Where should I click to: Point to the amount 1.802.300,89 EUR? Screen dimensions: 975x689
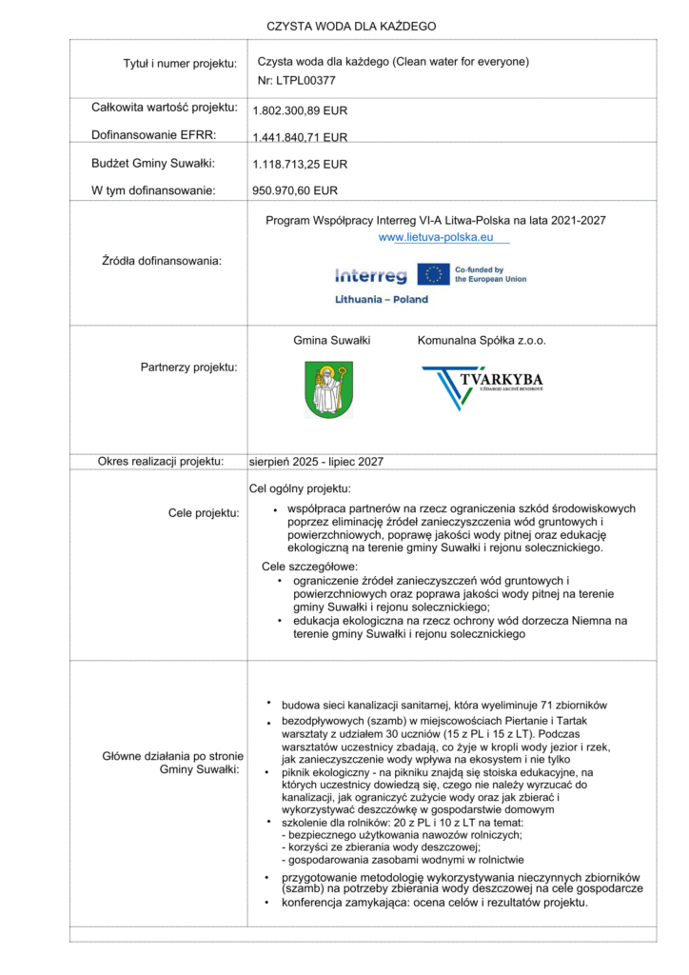pos(300,110)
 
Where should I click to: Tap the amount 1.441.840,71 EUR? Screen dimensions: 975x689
pos(300,137)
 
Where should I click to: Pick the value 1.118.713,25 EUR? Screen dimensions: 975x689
pos(300,164)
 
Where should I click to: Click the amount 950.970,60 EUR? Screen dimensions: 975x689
pos(295,190)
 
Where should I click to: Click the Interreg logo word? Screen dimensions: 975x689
pos(370,276)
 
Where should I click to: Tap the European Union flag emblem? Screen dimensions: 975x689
pos(434,275)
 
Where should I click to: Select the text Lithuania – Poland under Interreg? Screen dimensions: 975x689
pos(382,299)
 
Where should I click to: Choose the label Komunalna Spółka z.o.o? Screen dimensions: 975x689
pos(482,340)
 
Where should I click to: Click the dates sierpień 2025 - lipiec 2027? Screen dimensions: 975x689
pos(316,461)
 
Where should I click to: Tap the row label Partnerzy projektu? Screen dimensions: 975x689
pos(183,366)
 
